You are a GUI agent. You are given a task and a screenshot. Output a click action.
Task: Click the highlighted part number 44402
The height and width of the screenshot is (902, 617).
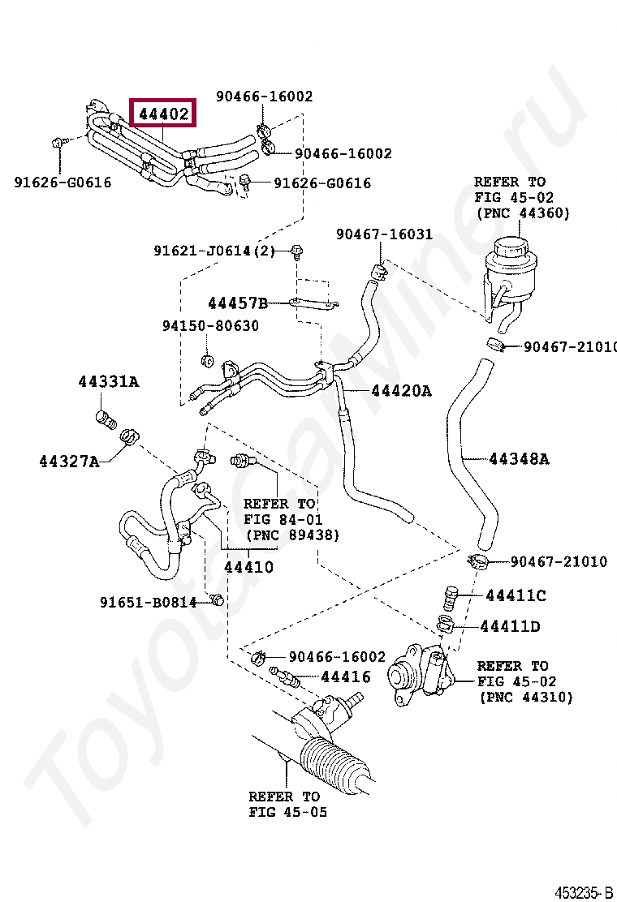pos(163,114)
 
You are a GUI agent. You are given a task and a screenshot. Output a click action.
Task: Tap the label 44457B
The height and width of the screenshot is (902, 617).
pos(237,303)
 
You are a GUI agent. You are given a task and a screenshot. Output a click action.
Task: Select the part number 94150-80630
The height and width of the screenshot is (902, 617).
pos(210,326)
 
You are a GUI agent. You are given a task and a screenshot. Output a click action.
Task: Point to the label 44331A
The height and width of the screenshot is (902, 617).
pos(108,381)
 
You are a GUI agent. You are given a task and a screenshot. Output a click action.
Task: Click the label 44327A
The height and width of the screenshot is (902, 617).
pos(69,462)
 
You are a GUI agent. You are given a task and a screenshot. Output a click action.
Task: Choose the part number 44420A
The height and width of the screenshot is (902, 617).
pos(401,391)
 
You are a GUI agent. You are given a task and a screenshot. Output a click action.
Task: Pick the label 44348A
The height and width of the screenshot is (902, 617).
pos(518,459)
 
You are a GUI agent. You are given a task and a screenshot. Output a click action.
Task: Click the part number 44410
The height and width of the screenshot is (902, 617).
pos(248,567)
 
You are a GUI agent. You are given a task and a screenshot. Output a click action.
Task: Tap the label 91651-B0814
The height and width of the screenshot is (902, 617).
pos(149,602)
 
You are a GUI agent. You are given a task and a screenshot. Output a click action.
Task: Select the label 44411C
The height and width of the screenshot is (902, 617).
pos(516,595)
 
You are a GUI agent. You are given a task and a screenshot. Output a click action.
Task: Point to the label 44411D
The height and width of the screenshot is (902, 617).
pos(510,626)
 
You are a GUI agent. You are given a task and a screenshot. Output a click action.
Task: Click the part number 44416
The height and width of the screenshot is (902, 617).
pos(345,676)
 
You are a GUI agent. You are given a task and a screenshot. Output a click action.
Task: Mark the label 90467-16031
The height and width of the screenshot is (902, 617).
pos(384,234)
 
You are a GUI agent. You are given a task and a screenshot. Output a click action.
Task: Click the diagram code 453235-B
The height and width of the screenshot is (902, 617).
pos(584,892)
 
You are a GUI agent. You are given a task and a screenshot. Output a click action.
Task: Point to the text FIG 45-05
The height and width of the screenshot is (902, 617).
pos(287,812)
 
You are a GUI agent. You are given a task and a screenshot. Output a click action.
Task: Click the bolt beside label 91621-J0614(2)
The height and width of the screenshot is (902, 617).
pos(296,252)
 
